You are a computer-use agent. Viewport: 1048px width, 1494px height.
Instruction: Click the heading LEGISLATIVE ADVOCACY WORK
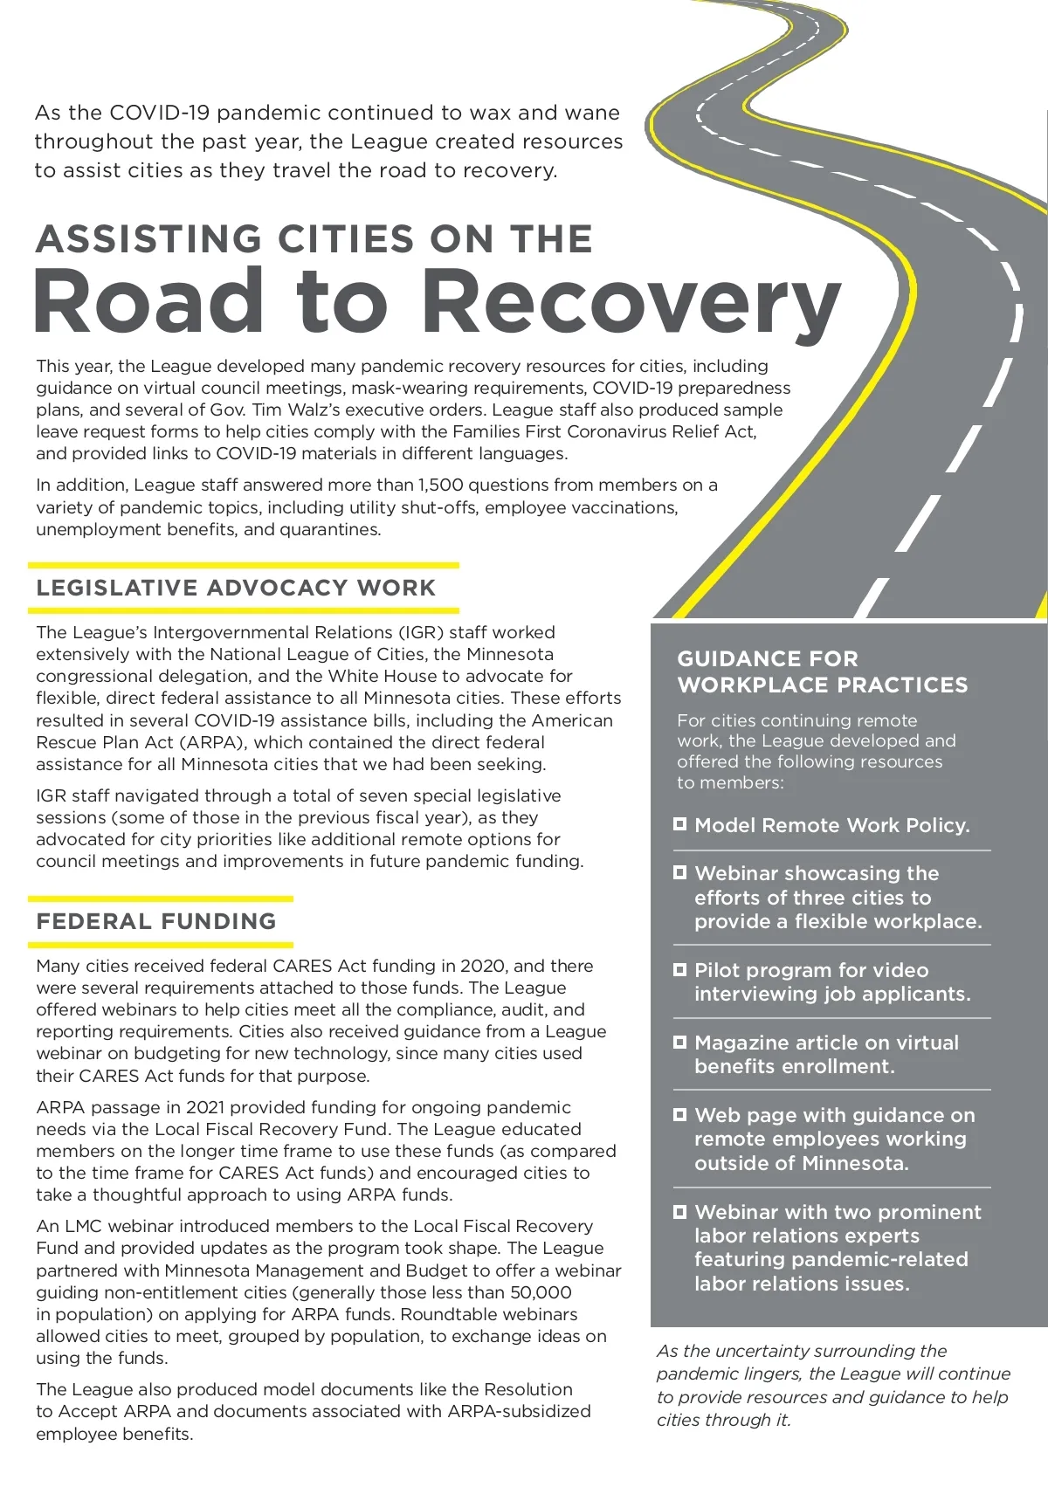236,588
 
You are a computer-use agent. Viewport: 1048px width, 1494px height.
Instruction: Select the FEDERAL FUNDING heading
156,921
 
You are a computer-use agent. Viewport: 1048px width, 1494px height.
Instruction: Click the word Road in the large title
148,301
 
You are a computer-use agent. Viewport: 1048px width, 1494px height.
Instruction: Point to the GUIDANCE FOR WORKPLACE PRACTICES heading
822,671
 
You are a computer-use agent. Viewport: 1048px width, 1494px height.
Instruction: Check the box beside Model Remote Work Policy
680,823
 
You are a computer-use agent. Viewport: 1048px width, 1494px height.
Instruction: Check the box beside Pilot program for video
680,969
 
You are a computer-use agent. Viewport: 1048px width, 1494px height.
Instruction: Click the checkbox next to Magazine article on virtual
680,1042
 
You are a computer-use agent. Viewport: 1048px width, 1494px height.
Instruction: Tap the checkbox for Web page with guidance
680,1114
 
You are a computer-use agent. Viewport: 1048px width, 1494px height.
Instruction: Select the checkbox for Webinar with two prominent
680,1211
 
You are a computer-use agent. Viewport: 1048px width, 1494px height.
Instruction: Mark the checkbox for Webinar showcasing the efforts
680,872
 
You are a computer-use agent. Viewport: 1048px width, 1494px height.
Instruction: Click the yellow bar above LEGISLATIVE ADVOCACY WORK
243,565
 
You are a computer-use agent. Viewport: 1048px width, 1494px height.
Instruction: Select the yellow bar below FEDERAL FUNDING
161,944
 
